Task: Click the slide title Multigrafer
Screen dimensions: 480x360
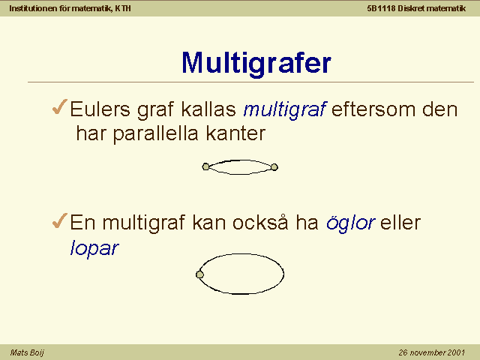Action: [256, 64]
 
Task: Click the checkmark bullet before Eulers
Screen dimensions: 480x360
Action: [60, 106]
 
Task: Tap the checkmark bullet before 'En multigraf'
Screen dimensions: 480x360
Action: [60, 220]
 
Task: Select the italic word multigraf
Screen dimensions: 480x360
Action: [285, 110]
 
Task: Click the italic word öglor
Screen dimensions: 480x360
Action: [351, 223]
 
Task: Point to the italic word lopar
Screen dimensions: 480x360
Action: [94, 248]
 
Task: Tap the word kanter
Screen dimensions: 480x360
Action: [235, 133]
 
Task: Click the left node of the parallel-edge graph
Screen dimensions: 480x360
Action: [205, 166]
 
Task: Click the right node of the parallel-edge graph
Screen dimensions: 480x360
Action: [274, 167]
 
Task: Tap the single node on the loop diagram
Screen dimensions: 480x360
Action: [199, 274]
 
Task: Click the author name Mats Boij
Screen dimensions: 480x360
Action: [27, 352]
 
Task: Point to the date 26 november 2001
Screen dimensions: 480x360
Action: [432, 352]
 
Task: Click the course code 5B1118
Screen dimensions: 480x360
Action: [381, 8]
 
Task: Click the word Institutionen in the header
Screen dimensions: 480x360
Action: [34, 8]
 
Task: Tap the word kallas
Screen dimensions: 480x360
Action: [208, 109]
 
